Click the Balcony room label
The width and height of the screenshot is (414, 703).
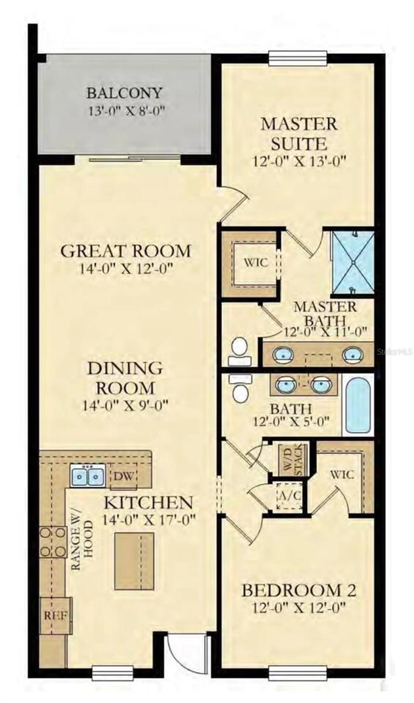tap(124, 93)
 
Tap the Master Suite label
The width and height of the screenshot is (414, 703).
tap(299, 133)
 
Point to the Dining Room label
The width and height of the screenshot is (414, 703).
tap(125, 378)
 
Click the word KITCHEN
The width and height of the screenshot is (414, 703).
tap(148, 502)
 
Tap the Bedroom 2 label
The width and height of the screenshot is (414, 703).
tap(299, 590)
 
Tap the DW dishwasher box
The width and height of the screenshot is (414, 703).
tap(122, 475)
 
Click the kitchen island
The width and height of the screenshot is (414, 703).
tap(134, 561)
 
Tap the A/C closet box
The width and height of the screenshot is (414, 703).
tap(288, 496)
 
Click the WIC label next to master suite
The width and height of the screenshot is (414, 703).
tap(256, 262)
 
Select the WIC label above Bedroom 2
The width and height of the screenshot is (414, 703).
tap(342, 474)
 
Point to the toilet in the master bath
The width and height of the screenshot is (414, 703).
tap(238, 350)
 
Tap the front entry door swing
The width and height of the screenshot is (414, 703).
tap(186, 651)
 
